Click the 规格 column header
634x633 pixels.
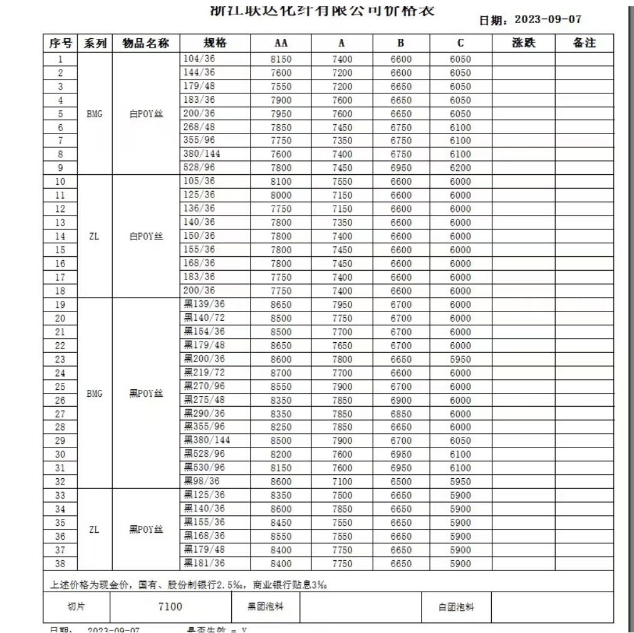pyautogui.click(x=215, y=43)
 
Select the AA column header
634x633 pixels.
pyautogui.click(x=280, y=43)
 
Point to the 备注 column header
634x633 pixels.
pyautogui.click(x=583, y=43)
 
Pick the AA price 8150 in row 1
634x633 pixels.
pyautogui.click(x=280, y=60)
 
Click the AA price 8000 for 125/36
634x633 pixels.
pyautogui.click(x=280, y=195)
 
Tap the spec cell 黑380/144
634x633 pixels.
pyautogui.click(x=206, y=439)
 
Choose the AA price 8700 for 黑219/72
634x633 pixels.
pyautogui.click(x=280, y=372)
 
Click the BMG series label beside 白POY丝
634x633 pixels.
pyautogui.click(x=94, y=114)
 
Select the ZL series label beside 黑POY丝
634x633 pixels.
pyautogui.click(x=94, y=529)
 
